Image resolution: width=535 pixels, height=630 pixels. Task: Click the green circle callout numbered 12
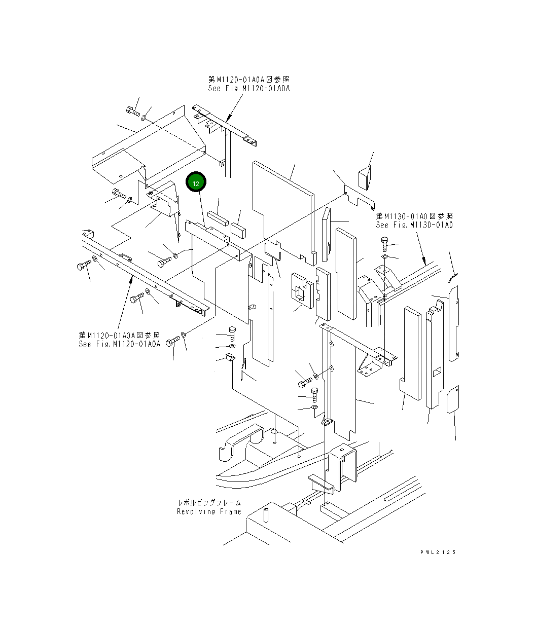pos(196,183)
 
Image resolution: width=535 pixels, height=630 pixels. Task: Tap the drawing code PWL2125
pos(438,552)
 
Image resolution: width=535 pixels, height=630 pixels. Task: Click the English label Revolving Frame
pos(209,511)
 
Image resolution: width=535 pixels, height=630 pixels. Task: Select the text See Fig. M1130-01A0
pos(414,225)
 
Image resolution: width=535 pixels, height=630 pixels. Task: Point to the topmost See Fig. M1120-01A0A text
pos(248,88)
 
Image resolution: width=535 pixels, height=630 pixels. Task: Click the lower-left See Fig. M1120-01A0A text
pos(119,344)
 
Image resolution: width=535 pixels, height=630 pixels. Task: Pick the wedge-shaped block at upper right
pos(365,178)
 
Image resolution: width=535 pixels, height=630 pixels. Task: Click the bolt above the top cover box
pos(132,111)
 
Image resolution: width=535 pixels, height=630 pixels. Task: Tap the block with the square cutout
pos(300,291)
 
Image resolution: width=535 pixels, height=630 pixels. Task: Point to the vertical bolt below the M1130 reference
pos(384,244)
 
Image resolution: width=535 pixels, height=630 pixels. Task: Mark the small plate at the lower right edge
pos(453,400)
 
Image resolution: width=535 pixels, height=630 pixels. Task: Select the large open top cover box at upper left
pos(147,147)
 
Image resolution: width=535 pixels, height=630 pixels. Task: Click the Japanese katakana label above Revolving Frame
pos(209,502)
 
